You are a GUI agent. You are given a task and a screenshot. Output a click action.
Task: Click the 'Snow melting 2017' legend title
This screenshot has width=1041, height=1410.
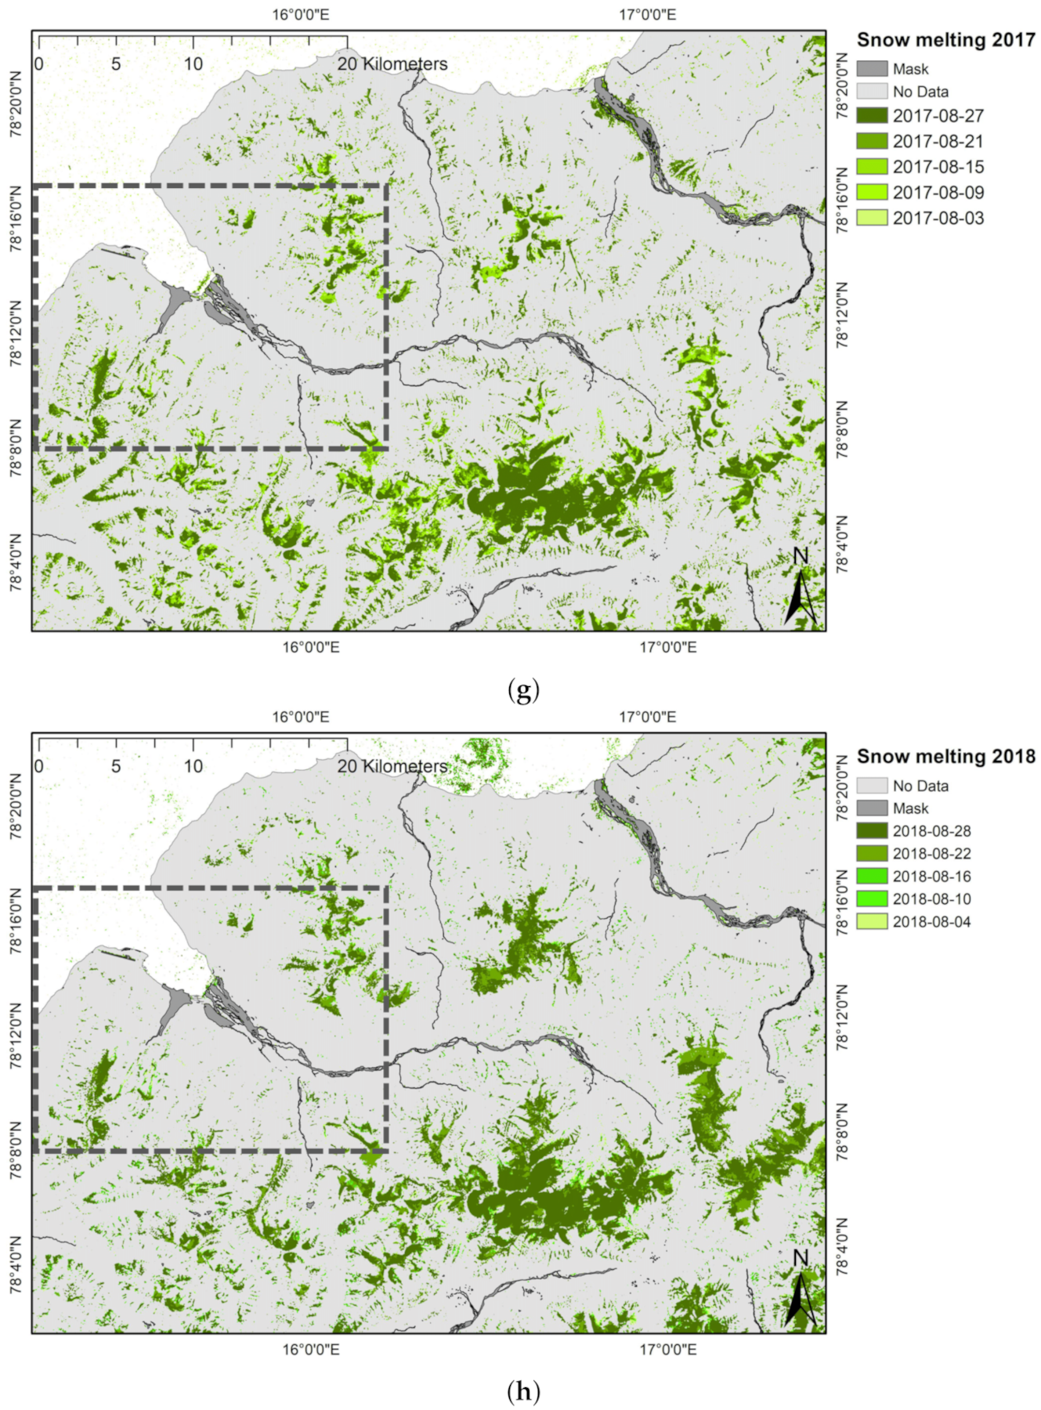pyautogui.click(x=945, y=40)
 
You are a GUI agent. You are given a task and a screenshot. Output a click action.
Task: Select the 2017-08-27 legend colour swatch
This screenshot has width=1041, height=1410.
pyautogui.click(x=872, y=116)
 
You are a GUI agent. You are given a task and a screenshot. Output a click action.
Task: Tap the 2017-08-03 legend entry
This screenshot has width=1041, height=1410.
pyautogui.click(x=938, y=219)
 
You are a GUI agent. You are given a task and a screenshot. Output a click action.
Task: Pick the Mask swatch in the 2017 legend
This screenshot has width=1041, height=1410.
pyautogui.click(x=872, y=69)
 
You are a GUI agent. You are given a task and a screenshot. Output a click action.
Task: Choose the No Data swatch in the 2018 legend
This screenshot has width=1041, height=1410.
pyautogui.click(x=872, y=786)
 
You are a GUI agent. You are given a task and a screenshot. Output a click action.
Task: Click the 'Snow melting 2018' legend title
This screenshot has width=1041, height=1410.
pyautogui.click(x=945, y=757)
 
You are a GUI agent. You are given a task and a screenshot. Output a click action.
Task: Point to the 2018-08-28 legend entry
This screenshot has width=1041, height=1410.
pyautogui.click(x=931, y=831)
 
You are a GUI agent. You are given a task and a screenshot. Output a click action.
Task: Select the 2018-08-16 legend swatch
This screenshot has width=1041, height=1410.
pyautogui.click(x=872, y=877)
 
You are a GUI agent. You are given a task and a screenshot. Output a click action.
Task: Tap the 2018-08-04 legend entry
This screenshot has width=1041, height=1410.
pyautogui.click(x=931, y=922)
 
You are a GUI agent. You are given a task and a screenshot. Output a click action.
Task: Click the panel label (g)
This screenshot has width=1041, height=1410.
pyautogui.click(x=523, y=691)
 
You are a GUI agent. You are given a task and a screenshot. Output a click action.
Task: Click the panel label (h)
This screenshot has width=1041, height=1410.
pyautogui.click(x=523, y=1392)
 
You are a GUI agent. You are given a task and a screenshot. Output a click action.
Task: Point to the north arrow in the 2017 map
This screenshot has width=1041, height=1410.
pyautogui.click(x=801, y=591)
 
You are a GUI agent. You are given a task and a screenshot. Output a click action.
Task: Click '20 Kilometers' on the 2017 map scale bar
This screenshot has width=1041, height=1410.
pyautogui.click(x=392, y=64)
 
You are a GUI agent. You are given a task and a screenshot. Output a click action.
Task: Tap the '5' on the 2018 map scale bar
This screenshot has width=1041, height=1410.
pyautogui.click(x=116, y=766)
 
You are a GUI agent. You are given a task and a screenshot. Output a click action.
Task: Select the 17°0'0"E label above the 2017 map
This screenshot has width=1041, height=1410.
pyautogui.click(x=647, y=15)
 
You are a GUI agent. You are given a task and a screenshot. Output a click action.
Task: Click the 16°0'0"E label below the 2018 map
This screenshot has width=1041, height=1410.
pyautogui.click(x=311, y=1350)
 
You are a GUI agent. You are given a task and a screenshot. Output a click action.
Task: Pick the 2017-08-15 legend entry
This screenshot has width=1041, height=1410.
pyautogui.click(x=938, y=167)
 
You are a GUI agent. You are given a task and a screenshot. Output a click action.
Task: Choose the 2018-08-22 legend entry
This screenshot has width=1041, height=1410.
pyautogui.click(x=931, y=854)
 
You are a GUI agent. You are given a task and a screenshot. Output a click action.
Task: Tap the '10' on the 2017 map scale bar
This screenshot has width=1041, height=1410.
pyautogui.click(x=193, y=64)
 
